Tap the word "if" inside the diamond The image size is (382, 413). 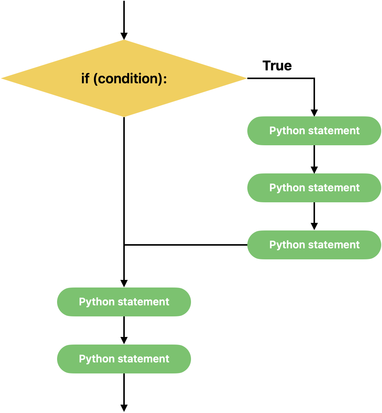click(x=85, y=79)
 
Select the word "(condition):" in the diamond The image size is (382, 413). click(x=130, y=79)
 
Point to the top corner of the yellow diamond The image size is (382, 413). click(x=124, y=41)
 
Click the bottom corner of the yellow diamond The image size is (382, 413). click(x=124, y=116)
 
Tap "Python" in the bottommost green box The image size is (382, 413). click(x=96, y=359)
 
